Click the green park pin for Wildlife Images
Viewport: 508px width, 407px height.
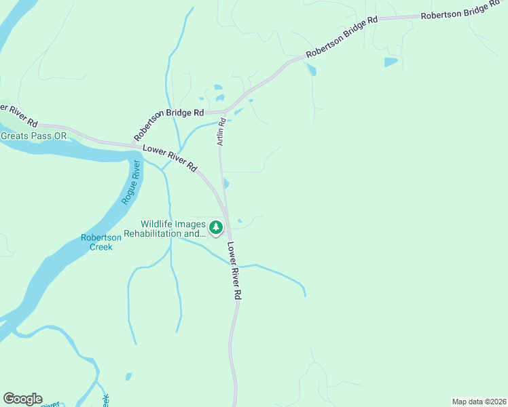[216, 227]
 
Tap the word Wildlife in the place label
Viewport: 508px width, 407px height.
[158, 225]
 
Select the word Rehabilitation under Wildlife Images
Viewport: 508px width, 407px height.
[169, 234]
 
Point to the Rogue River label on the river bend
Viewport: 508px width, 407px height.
[130, 182]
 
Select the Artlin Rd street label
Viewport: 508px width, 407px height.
[221, 133]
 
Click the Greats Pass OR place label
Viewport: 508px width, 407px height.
[34, 136]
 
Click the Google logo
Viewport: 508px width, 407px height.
[22, 399]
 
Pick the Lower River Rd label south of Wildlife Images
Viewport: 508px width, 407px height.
[234, 271]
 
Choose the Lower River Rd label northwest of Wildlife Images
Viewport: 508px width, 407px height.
[170, 157]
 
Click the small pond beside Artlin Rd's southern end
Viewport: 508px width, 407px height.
[226, 184]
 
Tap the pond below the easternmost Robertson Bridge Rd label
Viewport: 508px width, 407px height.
[391, 62]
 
